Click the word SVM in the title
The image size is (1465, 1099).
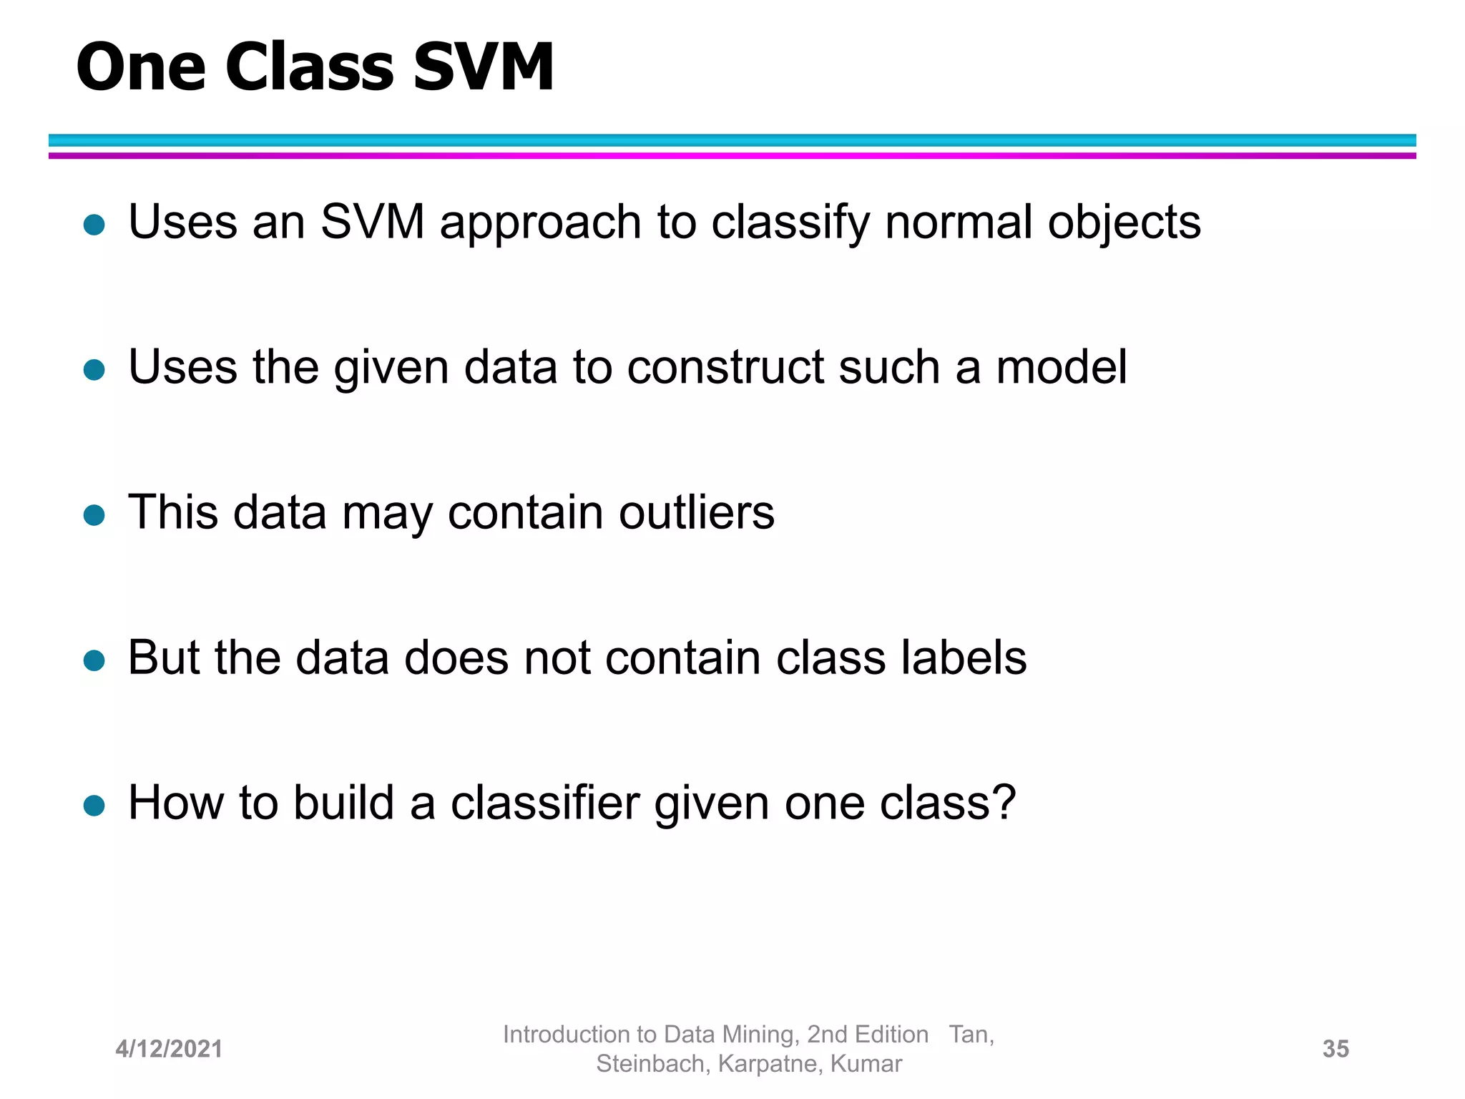[x=483, y=67]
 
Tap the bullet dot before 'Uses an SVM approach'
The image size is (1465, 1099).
[x=94, y=225]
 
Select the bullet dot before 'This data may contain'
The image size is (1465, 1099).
[x=94, y=515]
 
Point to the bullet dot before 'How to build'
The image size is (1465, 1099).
[x=94, y=806]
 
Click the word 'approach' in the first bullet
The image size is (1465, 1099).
[x=540, y=223]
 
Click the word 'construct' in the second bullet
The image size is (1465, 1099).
[x=725, y=368]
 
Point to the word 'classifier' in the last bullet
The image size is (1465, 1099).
[x=545, y=803]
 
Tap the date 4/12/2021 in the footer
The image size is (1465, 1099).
[x=169, y=1049]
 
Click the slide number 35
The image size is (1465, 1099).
[x=1336, y=1049]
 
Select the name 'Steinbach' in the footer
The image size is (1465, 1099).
[x=650, y=1064]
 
